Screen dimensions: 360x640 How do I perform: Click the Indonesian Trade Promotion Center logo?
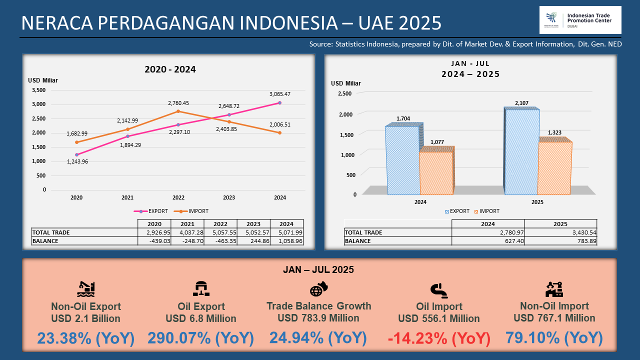[580, 20]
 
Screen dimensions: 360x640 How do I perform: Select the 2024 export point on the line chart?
[279, 102]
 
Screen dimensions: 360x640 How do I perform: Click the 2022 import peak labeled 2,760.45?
[178, 111]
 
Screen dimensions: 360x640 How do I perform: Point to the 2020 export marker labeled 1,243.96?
[76, 154]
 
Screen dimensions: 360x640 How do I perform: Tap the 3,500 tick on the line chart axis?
[38, 90]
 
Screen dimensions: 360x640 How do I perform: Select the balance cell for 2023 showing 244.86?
[253, 240]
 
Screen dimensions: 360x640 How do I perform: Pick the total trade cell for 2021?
[187, 232]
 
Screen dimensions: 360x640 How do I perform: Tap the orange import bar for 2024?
[436, 172]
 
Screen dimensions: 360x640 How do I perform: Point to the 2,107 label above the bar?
[522, 103]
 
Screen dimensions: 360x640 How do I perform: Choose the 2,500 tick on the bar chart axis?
[344, 93]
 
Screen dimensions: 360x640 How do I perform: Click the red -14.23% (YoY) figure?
[439, 338]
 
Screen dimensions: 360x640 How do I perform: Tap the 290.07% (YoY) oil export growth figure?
[200, 338]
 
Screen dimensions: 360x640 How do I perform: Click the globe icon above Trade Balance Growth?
[318, 289]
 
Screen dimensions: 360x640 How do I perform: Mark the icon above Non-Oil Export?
[85, 289]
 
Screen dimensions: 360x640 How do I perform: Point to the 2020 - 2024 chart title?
[170, 69]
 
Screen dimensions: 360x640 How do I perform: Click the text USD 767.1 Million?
[554, 318]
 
